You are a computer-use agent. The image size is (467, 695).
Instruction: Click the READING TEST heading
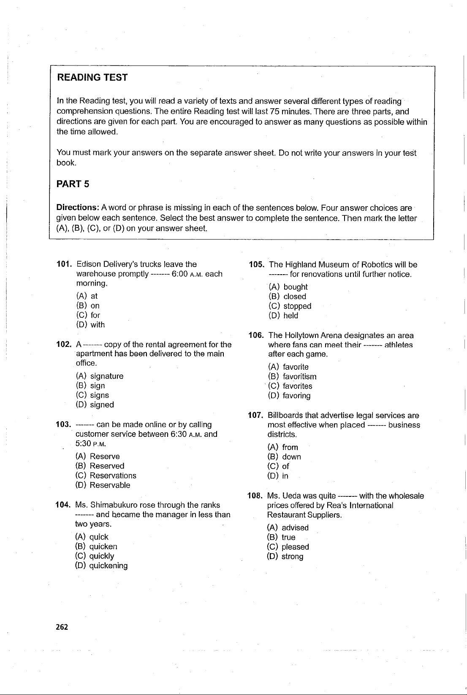point(92,77)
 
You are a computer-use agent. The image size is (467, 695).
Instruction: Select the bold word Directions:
point(78,208)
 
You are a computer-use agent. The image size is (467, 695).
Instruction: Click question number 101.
point(64,264)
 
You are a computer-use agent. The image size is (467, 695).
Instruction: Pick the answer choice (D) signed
point(95,405)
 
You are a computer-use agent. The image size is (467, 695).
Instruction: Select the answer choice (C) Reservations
point(106,476)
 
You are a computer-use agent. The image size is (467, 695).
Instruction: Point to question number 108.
point(255,496)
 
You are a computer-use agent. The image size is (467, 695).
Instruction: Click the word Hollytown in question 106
point(301,336)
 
